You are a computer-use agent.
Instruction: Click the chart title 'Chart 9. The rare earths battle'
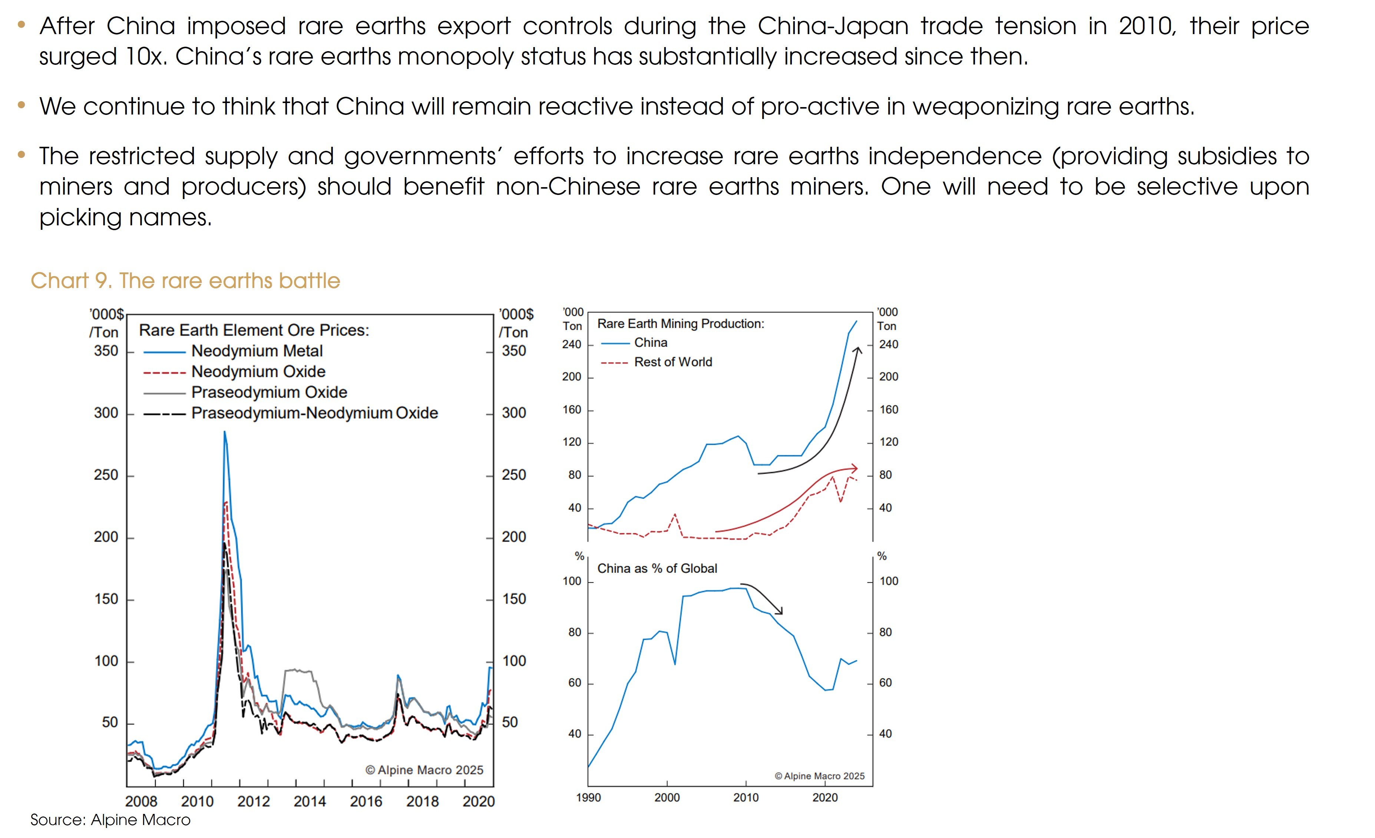tap(185, 281)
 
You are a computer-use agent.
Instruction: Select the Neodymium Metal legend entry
tap(257, 351)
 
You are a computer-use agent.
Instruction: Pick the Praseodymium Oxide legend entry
tap(269, 392)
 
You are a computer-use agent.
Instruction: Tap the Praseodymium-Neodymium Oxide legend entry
tap(314, 413)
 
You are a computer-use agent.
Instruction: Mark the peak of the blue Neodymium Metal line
tap(225, 431)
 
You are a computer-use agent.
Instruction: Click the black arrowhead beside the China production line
tap(858, 350)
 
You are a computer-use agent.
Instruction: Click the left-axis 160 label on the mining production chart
tap(571, 410)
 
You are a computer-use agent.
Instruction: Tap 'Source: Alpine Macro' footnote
tap(110, 819)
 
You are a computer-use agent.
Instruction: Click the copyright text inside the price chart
tap(424, 770)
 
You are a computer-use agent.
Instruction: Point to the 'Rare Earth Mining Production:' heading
tap(681, 324)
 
